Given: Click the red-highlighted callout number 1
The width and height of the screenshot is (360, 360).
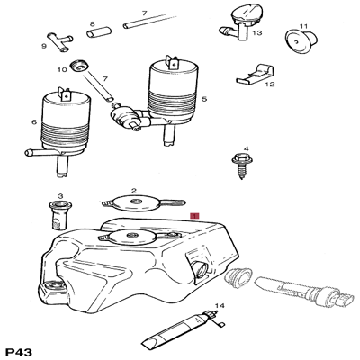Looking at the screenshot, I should pyautogui.click(x=194, y=216).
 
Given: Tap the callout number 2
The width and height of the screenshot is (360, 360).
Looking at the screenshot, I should pyautogui.click(x=133, y=191).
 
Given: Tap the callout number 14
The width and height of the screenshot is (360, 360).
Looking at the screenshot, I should pyautogui.click(x=219, y=307).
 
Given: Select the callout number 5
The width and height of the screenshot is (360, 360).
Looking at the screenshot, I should pyautogui.click(x=205, y=98).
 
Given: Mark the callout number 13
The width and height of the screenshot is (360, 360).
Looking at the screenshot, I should pyautogui.click(x=257, y=32).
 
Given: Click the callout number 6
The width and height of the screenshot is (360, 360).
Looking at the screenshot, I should pyautogui.click(x=34, y=123).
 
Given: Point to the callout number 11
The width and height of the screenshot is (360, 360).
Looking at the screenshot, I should pyautogui.click(x=303, y=26).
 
